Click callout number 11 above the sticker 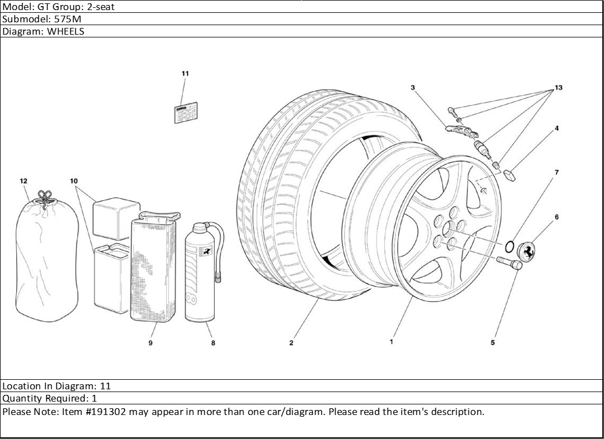185,74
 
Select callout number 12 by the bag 23,181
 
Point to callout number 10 74,181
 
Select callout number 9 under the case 151,343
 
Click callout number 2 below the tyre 291,343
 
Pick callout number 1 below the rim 392,341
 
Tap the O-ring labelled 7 509,246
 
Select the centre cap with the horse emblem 527,251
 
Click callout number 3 413,88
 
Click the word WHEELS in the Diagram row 65,31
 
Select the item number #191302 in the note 103,412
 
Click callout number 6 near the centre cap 556,217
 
